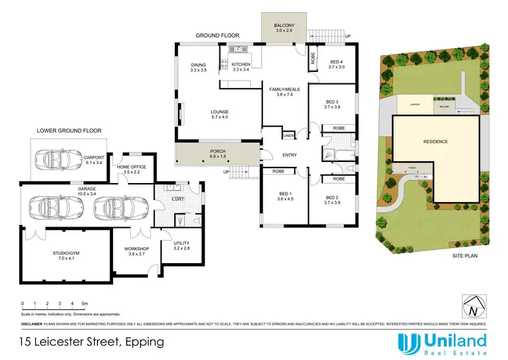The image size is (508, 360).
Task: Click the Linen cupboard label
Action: pyautogui.click(x=289, y=136)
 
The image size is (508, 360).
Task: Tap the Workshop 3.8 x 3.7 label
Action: pyautogui.click(x=136, y=251)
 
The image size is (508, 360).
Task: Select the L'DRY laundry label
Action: pyautogui.click(x=179, y=198)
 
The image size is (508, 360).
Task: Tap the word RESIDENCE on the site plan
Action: pyautogui.click(x=435, y=142)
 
